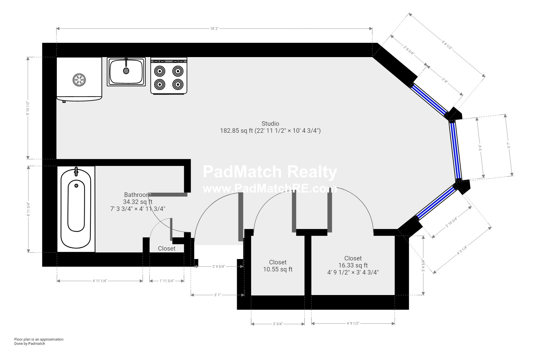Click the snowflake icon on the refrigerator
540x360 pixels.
[79, 80]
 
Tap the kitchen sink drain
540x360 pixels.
[126, 71]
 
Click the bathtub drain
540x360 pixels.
[76, 186]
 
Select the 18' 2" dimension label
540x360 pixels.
[214, 28]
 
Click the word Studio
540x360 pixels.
[270, 123]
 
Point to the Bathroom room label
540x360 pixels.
[138, 195]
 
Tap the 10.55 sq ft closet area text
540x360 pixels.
[278, 269]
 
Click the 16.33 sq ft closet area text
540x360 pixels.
[353, 265]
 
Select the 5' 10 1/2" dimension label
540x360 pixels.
[28, 108]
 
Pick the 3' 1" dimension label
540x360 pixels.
[217, 295]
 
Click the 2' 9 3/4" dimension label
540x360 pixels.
[219, 266]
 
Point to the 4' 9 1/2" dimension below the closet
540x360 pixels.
[353, 323]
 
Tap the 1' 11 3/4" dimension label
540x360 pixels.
[167, 281]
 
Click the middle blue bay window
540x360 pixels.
[455, 150]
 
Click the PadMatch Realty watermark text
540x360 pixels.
[270, 172]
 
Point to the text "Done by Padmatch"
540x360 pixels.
[30, 343]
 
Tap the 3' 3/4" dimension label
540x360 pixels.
[278, 324]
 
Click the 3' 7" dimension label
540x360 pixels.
[508, 146]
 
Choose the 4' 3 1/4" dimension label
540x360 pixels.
[462, 250]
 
